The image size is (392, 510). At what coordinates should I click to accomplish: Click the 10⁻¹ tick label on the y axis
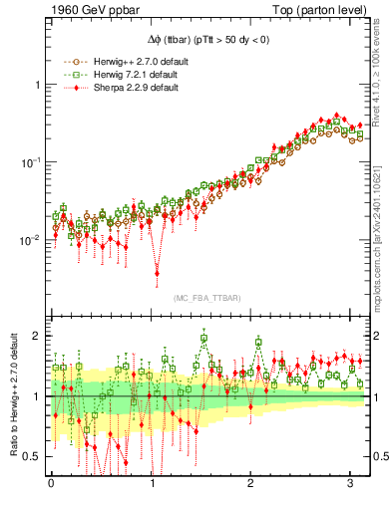pyautogui.click(x=32, y=160)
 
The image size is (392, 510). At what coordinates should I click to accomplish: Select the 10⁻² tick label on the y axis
pyautogui.click(x=32, y=239)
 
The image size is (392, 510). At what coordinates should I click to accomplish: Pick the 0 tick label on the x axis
pyautogui.click(x=51, y=484)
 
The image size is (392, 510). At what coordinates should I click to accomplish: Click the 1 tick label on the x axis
pyautogui.click(x=152, y=484)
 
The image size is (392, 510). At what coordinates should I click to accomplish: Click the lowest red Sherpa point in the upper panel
pyautogui.click(x=157, y=273)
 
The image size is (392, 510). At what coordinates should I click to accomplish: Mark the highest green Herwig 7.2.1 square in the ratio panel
pyautogui.click(x=203, y=338)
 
